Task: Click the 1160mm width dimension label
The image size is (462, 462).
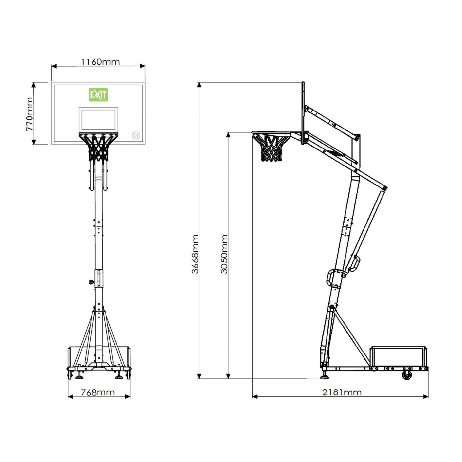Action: click(x=100, y=62)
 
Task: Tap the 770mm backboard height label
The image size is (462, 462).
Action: click(x=30, y=114)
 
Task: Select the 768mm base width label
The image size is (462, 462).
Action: click(x=98, y=392)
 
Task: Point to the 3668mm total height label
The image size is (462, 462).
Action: click(x=195, y=254)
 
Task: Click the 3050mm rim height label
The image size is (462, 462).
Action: click(x=224, y=254)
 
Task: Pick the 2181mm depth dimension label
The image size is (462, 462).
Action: click(x=342, y=392)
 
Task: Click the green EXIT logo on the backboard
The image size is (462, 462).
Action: click(x=98, y=95)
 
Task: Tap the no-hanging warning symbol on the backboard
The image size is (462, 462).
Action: click(x=136, y=135)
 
